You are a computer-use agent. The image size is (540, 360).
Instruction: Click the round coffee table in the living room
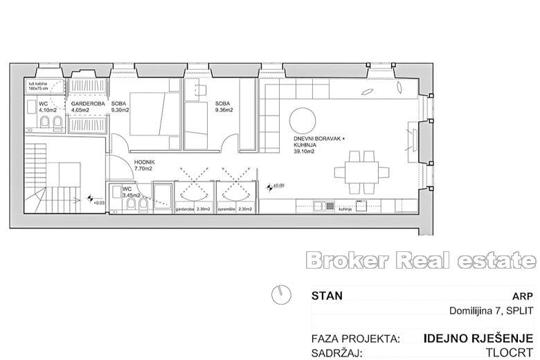pos(304,120)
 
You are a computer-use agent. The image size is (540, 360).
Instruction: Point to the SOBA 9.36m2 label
pos(225,106)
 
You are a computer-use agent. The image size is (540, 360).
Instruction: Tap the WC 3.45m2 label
pos(131,192)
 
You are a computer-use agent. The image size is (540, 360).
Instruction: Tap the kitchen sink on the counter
pos(321,205)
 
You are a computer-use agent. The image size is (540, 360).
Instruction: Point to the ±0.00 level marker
pos(277,186)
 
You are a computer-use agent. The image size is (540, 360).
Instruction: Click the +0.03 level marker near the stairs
pos(96,202)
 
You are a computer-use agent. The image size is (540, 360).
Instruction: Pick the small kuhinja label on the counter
pos(345,208)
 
